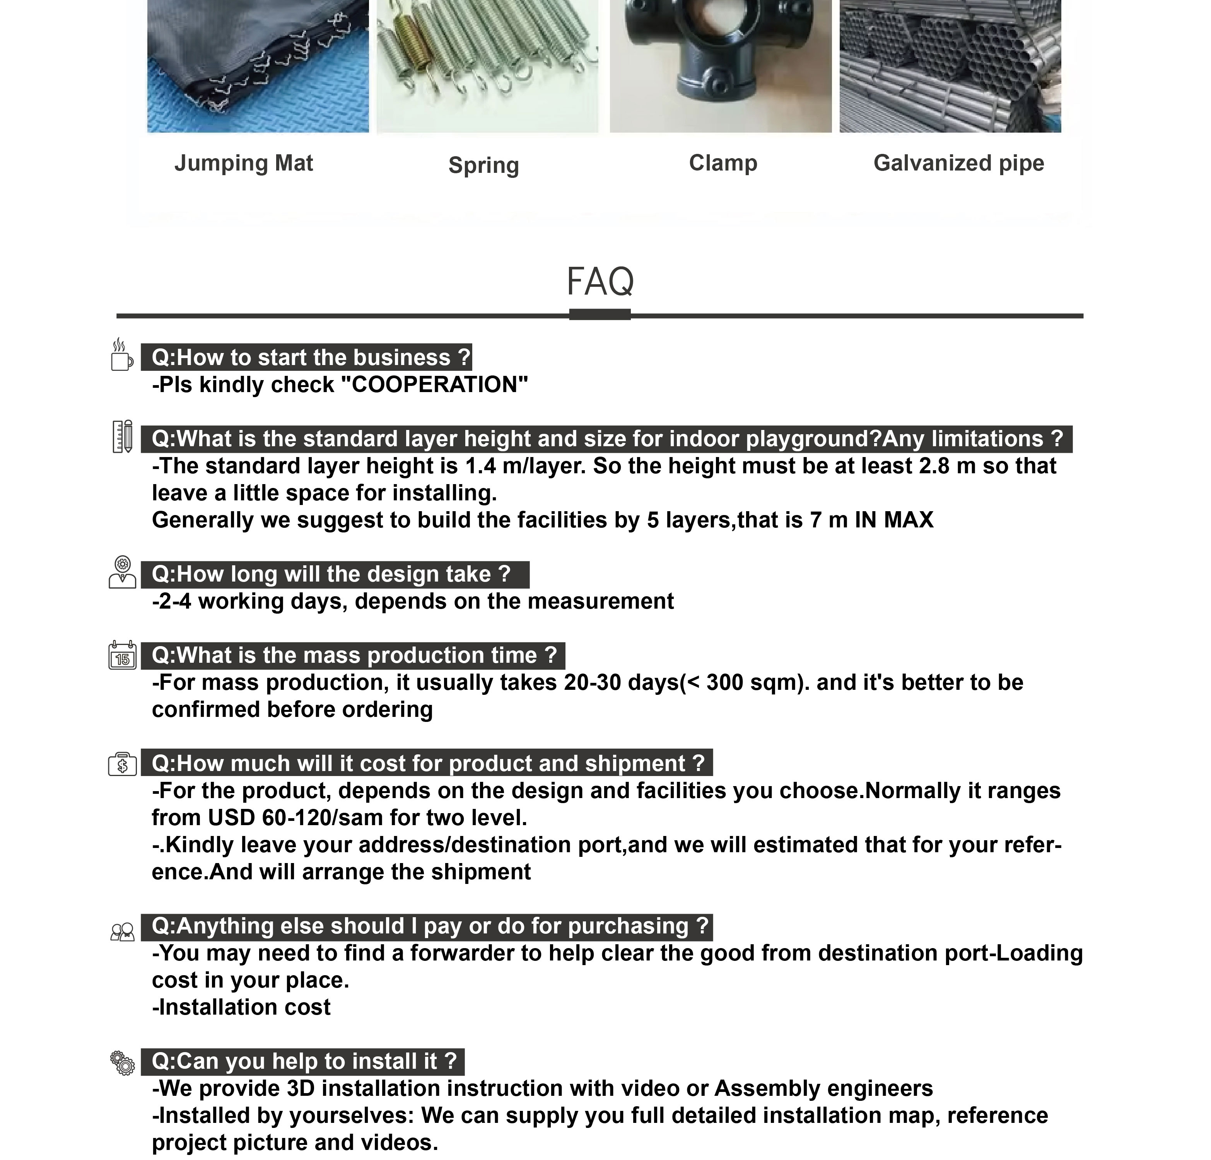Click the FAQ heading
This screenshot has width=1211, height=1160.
600,281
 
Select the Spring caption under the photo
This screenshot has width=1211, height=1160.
484,165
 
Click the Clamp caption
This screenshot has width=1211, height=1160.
723,163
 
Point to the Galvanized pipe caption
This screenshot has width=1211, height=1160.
958,163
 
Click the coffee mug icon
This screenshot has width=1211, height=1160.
122,355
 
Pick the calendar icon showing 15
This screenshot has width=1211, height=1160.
122,656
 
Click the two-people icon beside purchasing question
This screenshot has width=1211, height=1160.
122,932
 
